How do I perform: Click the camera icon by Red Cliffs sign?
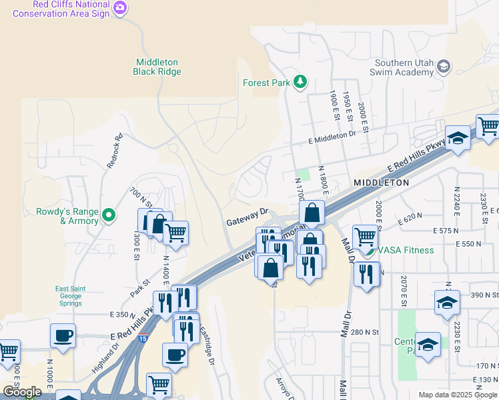click(x=120, y=8)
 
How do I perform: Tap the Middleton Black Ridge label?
click(x=157, y=66)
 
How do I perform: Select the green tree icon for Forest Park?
click(x=301, y=82)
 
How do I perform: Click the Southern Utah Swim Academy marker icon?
click(x=444, y=66)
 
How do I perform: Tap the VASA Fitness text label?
click(x=406, y=250)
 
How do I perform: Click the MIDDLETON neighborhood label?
click(x=381, y=182)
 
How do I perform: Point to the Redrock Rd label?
click(x=115, y=151)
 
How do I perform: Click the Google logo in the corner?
click(x=22, y=392)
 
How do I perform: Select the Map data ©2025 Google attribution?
click(x=458, y=395)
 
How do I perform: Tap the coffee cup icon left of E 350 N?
click(x=63, y=335)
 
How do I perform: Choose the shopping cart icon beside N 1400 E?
click(x=175, y=233)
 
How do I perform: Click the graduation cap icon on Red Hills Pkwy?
click(x=458, y=138)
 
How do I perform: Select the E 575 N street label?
click(x=447, y=230)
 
